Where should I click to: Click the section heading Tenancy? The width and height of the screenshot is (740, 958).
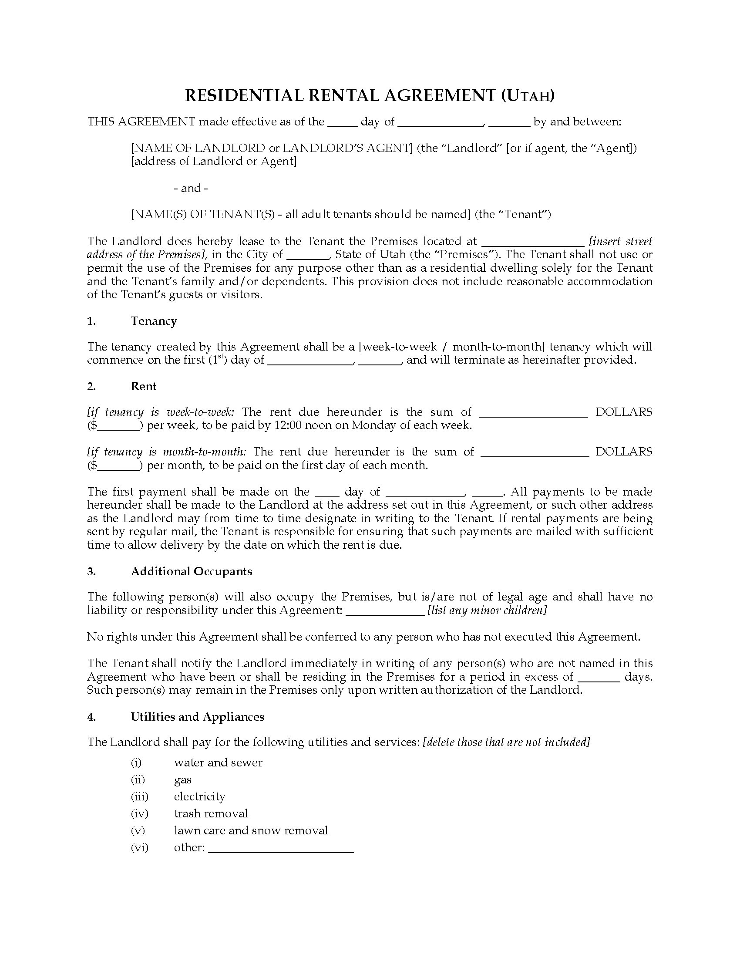[153, 321]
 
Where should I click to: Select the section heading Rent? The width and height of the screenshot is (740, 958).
[143, 386]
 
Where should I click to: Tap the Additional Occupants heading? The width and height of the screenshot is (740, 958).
[192, 571]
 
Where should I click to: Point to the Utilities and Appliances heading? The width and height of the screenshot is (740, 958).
[197, 716]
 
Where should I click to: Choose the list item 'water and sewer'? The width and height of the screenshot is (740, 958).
[218, 762]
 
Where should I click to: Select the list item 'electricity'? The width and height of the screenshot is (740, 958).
[199, 796]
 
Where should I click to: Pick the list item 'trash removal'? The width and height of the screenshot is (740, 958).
[211, 813]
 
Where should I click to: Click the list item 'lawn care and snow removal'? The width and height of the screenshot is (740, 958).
[251, 830]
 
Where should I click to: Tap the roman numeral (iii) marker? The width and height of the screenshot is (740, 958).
[139, 796]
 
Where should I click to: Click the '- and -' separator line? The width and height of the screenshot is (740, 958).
[191, 188]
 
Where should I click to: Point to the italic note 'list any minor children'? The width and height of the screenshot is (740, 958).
[487, 610]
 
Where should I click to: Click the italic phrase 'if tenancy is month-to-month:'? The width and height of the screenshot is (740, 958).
[167, 452]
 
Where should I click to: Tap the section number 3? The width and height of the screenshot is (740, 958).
[91, 571]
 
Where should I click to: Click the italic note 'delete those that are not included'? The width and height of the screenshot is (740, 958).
[506, 742]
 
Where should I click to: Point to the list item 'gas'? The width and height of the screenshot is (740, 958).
[182, 779]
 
